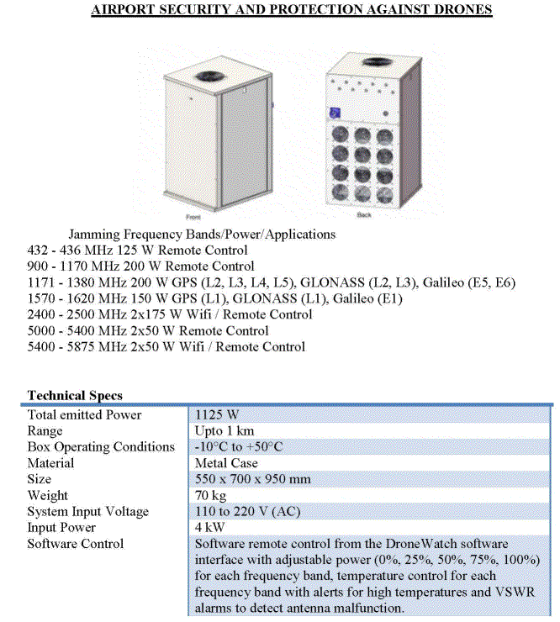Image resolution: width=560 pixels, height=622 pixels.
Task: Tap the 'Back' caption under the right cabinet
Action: (x=363, y=215)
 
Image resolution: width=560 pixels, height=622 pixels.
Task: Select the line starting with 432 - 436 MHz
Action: (x=138, y=250)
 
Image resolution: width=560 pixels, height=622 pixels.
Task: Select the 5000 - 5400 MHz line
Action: (x=148, y=330)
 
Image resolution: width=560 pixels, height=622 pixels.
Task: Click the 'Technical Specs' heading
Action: (x=75, y=395)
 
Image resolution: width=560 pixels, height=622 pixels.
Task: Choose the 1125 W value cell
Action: (x=217, y=414)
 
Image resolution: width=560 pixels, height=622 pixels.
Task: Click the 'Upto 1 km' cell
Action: (x=222, y=430)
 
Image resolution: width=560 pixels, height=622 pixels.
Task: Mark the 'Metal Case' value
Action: (x=226, y=463)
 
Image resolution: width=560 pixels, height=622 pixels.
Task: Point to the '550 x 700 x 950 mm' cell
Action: (x=252, y=479)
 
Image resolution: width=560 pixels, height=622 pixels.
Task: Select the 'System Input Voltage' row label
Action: (x=87, y=511)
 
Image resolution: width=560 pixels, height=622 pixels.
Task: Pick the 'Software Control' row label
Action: (x=75, y=544)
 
